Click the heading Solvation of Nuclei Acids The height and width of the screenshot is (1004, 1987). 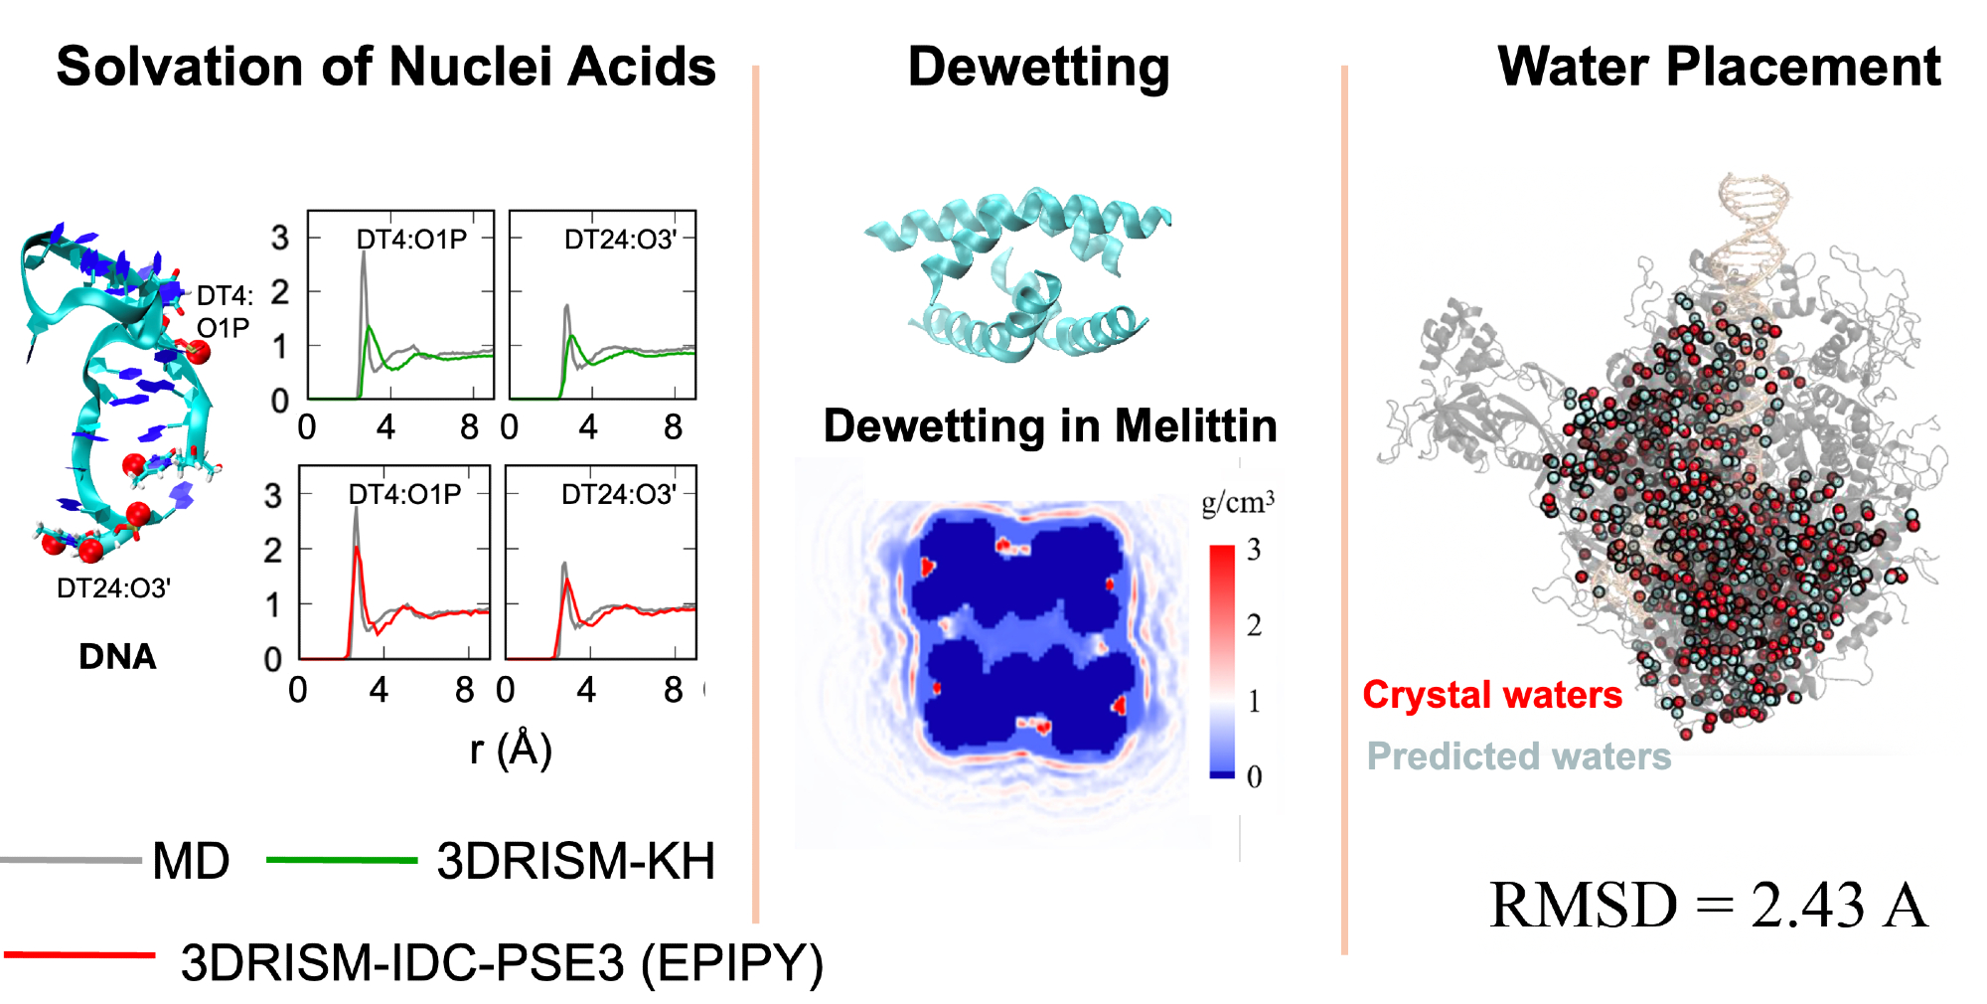point(385,68)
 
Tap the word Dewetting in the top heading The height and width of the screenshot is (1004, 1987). point(1038,68)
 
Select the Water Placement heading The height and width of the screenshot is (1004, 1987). point(1718,68)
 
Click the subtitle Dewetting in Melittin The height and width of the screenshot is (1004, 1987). point(1050,426)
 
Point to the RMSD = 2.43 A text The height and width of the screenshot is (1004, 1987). point(1708,906)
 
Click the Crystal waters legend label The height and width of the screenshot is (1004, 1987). point(1491,695)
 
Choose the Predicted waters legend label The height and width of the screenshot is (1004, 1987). point(1518,756)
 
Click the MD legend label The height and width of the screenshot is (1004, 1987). point(191,861)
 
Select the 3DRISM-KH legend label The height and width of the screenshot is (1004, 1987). point(575,861)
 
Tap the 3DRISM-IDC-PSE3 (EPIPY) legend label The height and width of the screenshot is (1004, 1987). point(502,962)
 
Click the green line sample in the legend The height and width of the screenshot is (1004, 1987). point(341,860)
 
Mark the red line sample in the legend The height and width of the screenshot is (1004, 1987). point(79,955)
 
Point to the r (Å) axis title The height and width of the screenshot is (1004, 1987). point(511,749)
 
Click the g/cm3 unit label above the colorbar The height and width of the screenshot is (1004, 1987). point(1237,502)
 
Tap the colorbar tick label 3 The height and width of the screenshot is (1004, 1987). point(1255,550)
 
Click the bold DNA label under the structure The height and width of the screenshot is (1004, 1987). point(117,657)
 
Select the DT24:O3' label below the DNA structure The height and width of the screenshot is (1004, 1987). point(113,588)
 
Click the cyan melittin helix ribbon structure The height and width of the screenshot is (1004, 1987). point(1018,273)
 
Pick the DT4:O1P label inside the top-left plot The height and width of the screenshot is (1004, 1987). point(411,240)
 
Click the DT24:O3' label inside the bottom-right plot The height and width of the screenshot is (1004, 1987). point(618,495)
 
